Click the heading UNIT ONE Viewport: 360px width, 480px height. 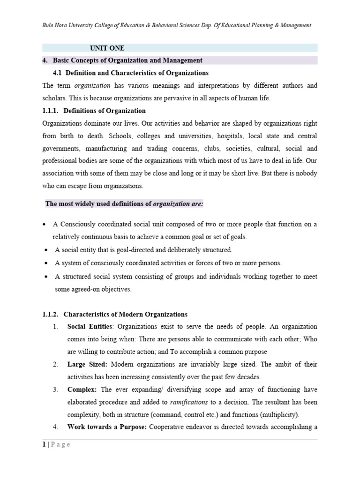(107, 48)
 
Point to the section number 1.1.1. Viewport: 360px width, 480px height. (50, 111)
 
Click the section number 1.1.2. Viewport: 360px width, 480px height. (50, 314)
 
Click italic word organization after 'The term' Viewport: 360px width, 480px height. (92, 86)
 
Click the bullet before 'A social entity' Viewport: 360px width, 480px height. (46, 250)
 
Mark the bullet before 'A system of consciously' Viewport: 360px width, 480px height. (46, 263)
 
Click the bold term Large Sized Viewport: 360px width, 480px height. (87, 364)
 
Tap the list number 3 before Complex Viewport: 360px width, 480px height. (55, 390)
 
